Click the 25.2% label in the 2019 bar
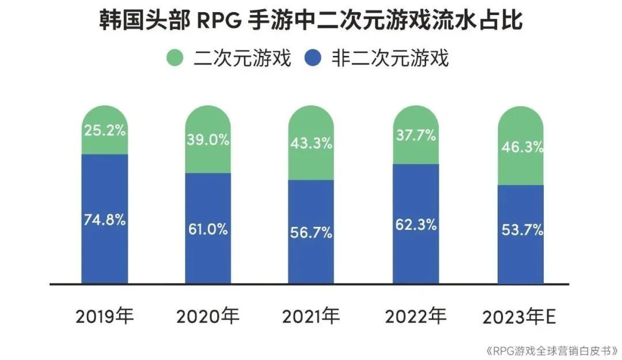click(x=104, y=130)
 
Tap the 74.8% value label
click(x=104, y=219)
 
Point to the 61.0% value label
click(x=207, y=229)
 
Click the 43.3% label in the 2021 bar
click(x=311, y=143)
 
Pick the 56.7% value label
click(x=311, y=232)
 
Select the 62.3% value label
click(x=416, y=225)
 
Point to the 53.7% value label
click(x=521, y=230)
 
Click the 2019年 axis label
click(x=104, y=316)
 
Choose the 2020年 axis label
click(x=208, y=316)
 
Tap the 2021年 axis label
click(x=311, y=316)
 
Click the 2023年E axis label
click(x=519, y=316)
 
